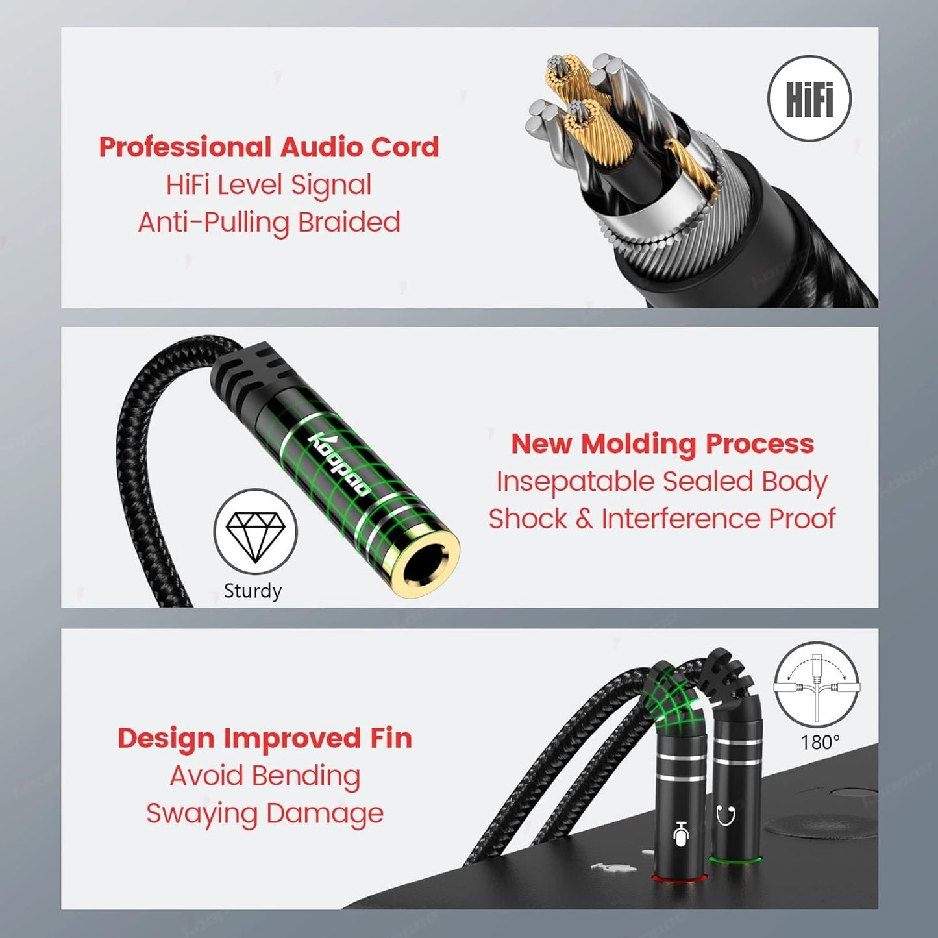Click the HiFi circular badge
coord(809,99)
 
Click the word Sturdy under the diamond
coord(253,591)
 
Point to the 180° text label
coord(820,742)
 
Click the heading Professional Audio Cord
coord(269,147)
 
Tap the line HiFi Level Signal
coord(269,185)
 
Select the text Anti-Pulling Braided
coord(269,223)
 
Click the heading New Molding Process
coord(662,444)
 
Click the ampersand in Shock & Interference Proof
coord(584,519)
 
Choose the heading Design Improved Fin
coord(265,738)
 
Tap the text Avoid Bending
coord(265,776)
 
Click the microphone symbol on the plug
coord(680,833)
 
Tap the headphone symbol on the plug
coord(726,814)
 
